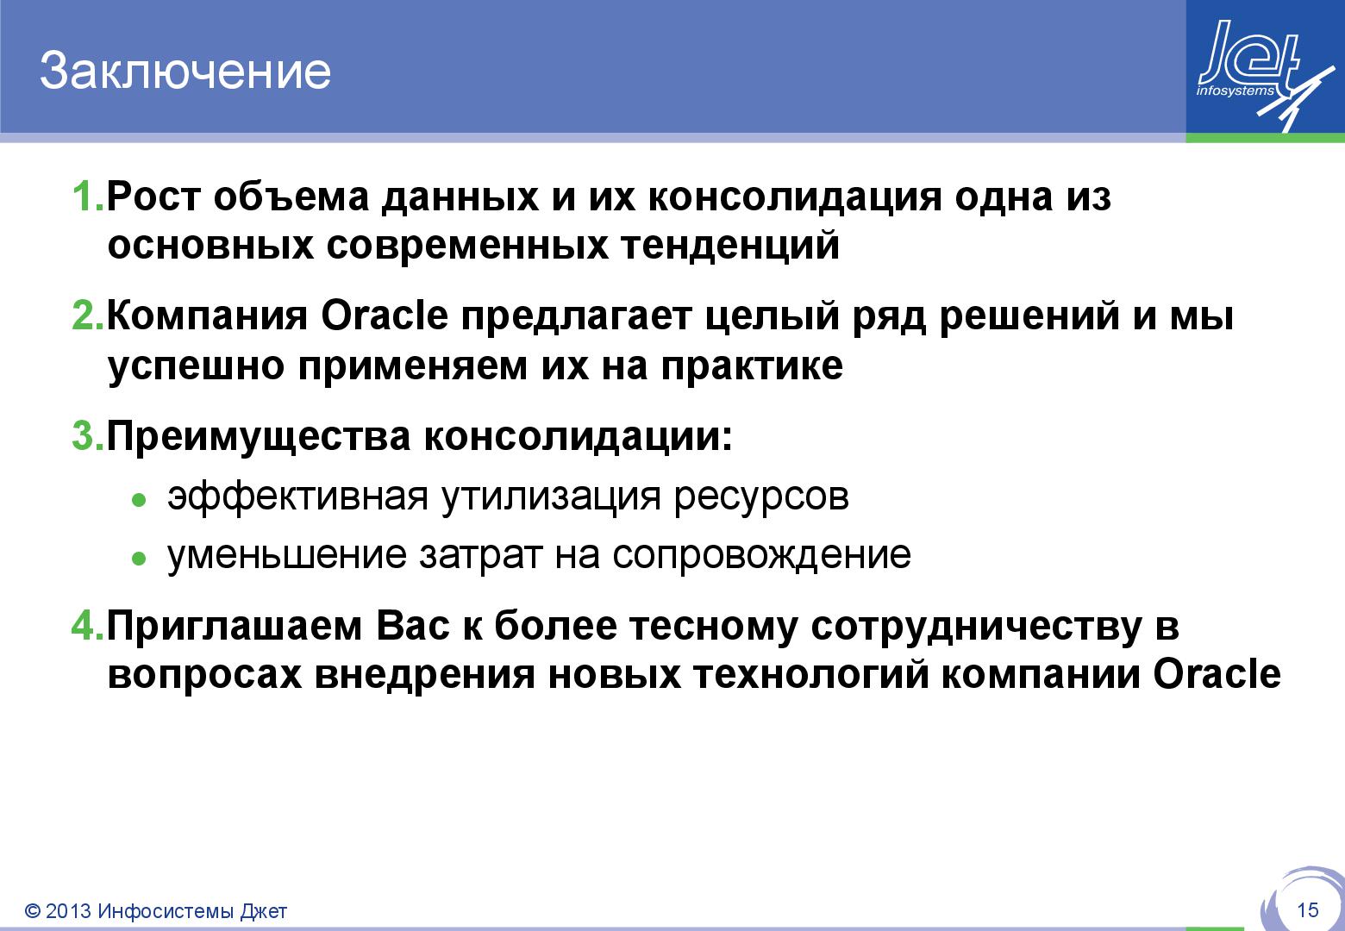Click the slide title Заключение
[185, 71]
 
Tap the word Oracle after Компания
[385, 316]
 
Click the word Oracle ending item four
[1217, 674]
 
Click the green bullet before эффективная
[138, 500]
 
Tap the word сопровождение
[761, 555]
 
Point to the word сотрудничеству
[976, 627]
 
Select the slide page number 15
[1307, 910]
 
